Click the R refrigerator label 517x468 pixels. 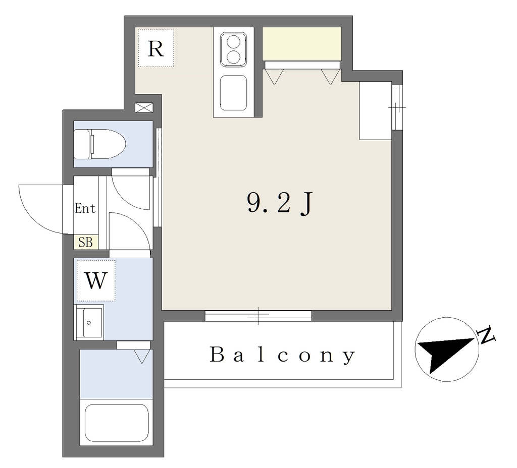click(156, 49)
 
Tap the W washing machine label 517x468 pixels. click(96, 280)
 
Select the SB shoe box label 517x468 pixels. click(85, 243)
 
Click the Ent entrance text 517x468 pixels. click(85, 208)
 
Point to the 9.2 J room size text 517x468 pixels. click(279, 204)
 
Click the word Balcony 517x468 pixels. click(283, 355)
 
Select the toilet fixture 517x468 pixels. click(99, 144)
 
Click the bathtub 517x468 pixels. click(117, 423)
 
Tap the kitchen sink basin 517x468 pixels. click(233, 93)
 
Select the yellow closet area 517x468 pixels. click(302, 44)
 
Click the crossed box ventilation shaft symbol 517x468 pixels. click(144, 108)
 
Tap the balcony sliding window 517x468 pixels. click(258, 316)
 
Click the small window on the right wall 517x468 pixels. click(397, 107)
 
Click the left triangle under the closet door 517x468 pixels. click(274, 77)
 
